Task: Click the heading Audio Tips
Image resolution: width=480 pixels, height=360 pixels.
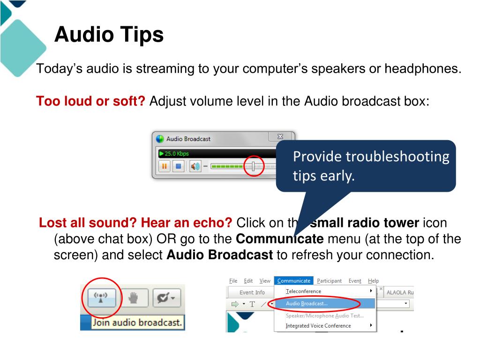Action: click(x=109, y=35)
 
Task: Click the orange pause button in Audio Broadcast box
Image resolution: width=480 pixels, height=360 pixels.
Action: click(x=165, y=166)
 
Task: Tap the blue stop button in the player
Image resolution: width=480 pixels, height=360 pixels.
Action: click(x=178, y=166)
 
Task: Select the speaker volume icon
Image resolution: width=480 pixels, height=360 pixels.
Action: click(x=195, y=166)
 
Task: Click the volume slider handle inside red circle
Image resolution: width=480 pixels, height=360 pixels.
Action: click(x=253, y=166)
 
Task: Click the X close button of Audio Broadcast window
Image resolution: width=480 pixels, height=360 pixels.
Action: click(x=280, y=136)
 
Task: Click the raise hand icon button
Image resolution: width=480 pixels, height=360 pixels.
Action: click(x=135, y=298)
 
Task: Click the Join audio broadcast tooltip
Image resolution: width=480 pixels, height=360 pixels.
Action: click(x=137, y=322)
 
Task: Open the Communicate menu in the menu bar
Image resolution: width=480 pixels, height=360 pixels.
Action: click(x=293, y=281)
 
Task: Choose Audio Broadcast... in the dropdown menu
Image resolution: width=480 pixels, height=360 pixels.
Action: click(x=307, y=303)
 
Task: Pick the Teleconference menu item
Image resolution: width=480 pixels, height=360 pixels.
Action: click(x=303, y=291)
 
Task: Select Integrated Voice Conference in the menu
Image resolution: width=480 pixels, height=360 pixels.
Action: click(x=318, y=326)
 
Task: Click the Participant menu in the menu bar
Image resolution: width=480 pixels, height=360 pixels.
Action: click(x=329, y=281)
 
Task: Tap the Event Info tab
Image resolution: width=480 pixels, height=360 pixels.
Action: click(x=252, y=292)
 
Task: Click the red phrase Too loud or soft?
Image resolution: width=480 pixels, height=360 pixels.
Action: click(x=91, y=101)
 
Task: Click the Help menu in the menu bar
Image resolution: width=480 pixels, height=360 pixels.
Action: click(x=373, y=281)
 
